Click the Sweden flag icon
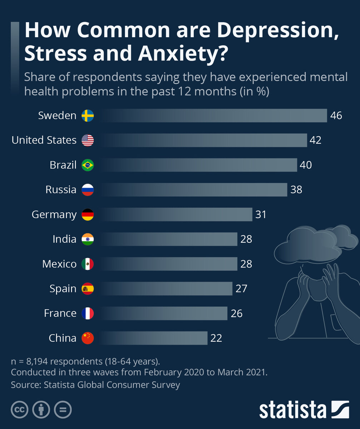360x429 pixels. tap(88, 116)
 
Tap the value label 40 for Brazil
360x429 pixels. tap(306, 165)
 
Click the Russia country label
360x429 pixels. tap(61, 189)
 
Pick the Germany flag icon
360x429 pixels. tap(88, 214)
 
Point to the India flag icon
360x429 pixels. tap(88, 239)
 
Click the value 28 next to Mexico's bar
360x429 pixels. tap(246, 264)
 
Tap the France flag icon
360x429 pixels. tap(88, 313)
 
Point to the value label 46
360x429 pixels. tap(336, 116)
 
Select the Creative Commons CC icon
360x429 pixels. tap(20, 410)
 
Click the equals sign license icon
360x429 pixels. tap(63, 410)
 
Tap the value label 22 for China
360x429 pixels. tap(216, 338)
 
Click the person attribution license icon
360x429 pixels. tap(41, 410)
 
